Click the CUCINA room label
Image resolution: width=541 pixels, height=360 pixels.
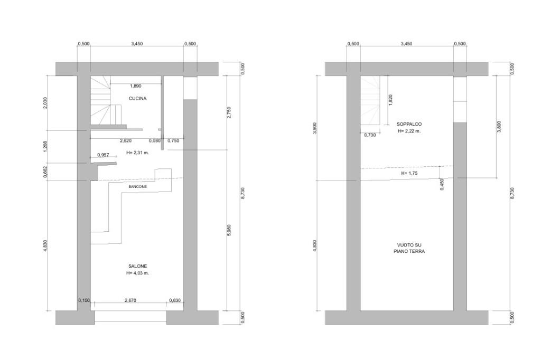(x=137, y=99)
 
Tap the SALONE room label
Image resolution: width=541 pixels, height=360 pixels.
(x=137, y=266)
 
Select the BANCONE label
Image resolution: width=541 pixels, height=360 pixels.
(x=137, y=186)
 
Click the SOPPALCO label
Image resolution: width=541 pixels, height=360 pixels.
(x=409, y=124)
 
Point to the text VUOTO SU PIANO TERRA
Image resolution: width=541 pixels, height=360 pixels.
(x=409, y=248)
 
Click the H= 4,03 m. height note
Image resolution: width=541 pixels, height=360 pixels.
(x=138, y=273)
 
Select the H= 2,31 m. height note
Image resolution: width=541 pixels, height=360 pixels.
(x=138, y=153)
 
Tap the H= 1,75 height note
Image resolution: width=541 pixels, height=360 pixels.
(x=409, y=173)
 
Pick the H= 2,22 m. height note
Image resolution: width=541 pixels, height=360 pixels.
(x=409, y=131)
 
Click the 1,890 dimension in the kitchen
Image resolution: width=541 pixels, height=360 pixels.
(x=135, y=86)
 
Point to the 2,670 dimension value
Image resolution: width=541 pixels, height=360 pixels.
(x=130, y=300)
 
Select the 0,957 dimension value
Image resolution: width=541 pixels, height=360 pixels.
(x=103, y=155)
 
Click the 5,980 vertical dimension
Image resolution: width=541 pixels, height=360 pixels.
(x=229, y=230)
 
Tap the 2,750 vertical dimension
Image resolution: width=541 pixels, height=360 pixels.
(x=229, y=112)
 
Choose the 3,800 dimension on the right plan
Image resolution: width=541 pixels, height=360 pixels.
(x=499, y=127)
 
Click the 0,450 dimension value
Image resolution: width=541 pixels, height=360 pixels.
(x=442, y=184)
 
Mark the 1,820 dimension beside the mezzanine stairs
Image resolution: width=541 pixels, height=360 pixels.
(x=390, y=100)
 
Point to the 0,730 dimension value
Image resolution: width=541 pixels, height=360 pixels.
(x=370, y=135)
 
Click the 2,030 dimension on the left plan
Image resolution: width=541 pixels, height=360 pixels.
(x=45, y=103)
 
